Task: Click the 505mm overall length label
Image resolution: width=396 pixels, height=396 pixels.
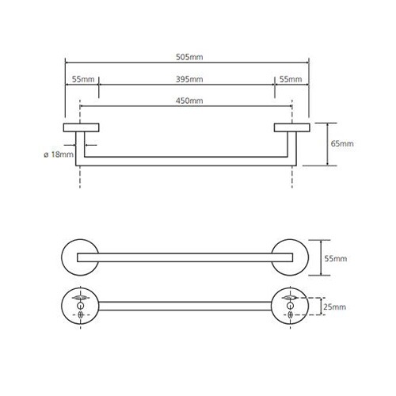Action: [x=189, y=57]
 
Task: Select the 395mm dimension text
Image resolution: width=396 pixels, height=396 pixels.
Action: [x=189, y=79]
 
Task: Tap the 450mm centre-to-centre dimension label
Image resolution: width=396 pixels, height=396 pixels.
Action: [x=189, y=101]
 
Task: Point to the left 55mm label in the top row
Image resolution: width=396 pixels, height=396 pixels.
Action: [x=83, y=79]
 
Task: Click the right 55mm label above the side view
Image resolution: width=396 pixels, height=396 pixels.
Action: [x=291, y=79]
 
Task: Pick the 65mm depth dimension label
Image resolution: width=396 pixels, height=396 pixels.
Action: [x=342, y=143]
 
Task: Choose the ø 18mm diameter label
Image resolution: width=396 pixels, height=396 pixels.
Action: [x=59, y=154]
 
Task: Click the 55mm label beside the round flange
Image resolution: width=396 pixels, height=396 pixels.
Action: [x=336, y=258]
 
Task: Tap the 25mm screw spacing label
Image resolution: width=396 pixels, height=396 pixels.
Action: [x=334, y=307]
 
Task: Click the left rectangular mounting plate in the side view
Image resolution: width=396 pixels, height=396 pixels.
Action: [x=81, y=128]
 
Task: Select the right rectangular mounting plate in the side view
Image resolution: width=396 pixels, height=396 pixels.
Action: [x=292, y=128]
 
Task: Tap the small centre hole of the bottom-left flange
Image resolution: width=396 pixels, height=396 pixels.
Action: [x=80, y=306]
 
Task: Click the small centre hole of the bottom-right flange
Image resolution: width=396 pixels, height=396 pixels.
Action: [x=290, y=306]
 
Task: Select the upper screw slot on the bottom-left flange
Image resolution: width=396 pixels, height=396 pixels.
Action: [x=80, y=298]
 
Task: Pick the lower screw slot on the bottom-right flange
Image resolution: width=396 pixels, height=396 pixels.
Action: [x=290, y=314]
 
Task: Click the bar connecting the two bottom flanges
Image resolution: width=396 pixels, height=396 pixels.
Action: [x=185, y=306]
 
